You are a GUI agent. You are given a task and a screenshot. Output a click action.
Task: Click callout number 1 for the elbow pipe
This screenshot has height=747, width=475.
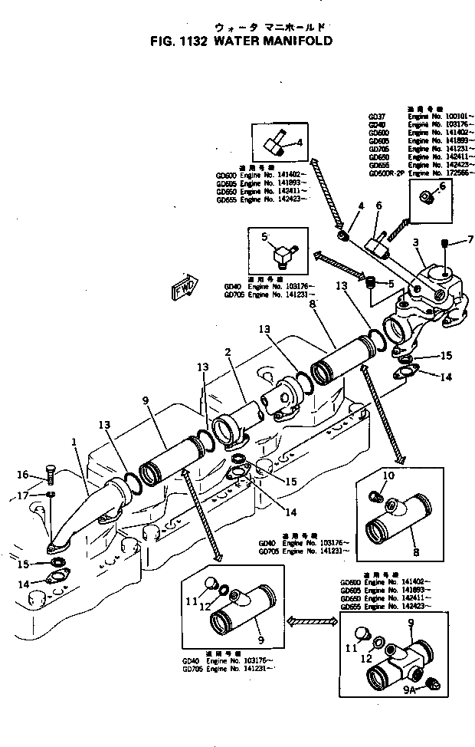click(74, 442)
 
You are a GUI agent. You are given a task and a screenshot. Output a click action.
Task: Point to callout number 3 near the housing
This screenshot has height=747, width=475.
click(415, 242)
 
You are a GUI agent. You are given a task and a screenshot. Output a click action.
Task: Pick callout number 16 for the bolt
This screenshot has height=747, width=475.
click(23, 473)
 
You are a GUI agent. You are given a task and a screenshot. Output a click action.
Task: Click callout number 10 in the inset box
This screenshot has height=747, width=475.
click(389, 476)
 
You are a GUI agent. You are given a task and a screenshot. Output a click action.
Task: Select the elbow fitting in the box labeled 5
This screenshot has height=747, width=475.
click(285, 251)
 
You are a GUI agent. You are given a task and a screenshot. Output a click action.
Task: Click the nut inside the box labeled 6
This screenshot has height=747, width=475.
click(429, 197)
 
